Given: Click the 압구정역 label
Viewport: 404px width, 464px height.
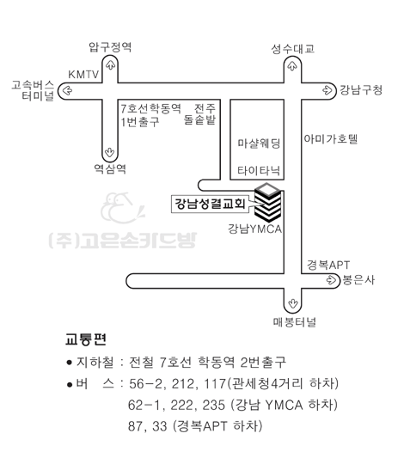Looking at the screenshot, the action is pos(110,47).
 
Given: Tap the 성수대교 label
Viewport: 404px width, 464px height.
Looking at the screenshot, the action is pos(292,49).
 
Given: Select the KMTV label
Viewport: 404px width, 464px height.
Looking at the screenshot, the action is pos(83,74).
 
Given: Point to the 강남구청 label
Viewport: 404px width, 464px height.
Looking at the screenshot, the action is pos(361,89).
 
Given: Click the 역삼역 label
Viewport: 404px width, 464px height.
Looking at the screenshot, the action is pos(110,168).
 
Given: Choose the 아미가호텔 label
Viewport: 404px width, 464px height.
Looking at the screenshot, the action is pos(331,139).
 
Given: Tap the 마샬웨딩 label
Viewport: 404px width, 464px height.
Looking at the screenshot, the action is pos(259,143).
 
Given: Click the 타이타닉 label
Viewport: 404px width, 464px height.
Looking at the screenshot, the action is pos(259,171).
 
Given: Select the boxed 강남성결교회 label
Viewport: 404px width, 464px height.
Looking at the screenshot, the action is pos(210,204).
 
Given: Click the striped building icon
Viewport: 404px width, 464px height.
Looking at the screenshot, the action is pos(268,203).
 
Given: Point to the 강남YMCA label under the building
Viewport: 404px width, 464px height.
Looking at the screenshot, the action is pos(254,229).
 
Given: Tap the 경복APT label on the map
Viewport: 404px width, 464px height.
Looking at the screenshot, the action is pos(328,265).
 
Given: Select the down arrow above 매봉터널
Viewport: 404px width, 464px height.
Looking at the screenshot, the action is pos(293,303).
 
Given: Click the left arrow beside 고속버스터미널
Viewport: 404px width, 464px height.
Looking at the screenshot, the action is pos(67,90).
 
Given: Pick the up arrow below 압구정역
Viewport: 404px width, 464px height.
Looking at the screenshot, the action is pos(110,64).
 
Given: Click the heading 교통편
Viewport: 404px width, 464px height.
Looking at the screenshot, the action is pos(86,339).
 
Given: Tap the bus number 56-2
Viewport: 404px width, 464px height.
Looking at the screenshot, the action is pos(145,384).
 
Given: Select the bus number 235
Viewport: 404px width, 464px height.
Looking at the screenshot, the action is pos(213,405).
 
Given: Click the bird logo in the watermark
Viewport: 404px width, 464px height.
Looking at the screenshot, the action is pos(122,208).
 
